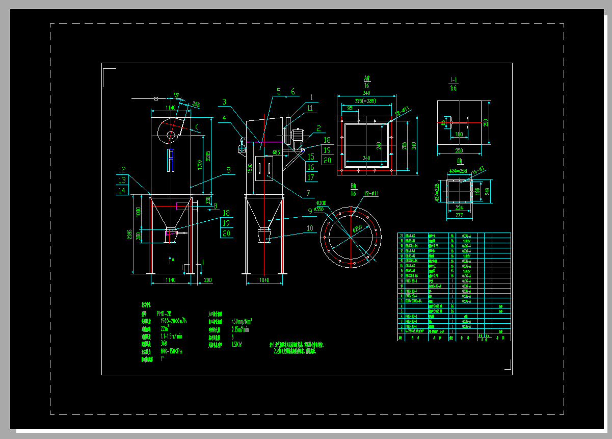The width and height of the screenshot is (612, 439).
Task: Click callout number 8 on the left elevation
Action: [x=228, y=170]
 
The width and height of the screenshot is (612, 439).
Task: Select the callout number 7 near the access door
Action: [x=308, y=194]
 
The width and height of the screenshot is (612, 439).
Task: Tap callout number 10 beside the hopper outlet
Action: [x=310, y=228]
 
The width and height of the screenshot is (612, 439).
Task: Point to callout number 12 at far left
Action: [x=122, y=170]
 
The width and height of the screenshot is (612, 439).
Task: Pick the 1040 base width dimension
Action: [x=264, y=280]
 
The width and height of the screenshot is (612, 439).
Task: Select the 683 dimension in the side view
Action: [x=276, y=152]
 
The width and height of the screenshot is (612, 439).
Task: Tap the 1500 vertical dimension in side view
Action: [x=249, y=168]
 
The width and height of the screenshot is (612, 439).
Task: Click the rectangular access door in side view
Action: [x=264, y=168]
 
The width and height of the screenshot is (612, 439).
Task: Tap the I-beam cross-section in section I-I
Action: [x=458, y=123]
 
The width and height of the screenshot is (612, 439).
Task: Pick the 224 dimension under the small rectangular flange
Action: [x=460, y=208]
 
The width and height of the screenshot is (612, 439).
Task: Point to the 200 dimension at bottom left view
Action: [x=208, y=280]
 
